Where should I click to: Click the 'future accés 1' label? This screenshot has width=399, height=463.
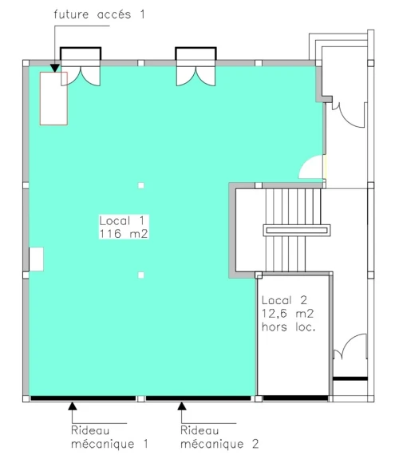pos(99,14)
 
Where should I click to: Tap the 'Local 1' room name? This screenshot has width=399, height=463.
pos(122,220)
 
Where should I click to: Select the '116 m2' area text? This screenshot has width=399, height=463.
pos(124,234)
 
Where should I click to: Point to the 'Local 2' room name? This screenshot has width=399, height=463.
pos(285,300)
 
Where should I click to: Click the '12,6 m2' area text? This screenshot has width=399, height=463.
pos(287,313)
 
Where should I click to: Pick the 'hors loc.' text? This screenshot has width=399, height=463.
pos(289,326)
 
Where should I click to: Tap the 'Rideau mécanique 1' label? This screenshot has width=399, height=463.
pos(109,437)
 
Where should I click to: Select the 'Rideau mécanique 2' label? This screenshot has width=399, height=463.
pos(219,437)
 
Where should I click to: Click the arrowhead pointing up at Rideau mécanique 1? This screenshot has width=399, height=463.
pos(73,406)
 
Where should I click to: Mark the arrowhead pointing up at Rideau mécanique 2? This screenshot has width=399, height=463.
pos(182,406)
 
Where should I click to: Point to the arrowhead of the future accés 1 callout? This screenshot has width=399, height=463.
pos(54,68)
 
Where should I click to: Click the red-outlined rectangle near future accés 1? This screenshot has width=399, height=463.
pos(53,98)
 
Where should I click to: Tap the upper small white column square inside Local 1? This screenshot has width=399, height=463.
pos(141,185)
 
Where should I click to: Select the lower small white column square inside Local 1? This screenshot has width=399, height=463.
pos(141,275)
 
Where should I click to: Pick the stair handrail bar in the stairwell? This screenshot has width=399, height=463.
pos(297,231)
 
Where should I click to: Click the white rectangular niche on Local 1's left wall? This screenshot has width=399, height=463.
pos(36,259)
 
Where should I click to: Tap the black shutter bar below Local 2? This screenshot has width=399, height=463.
pos(295,398)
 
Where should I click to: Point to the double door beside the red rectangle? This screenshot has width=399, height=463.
pos(81,76)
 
